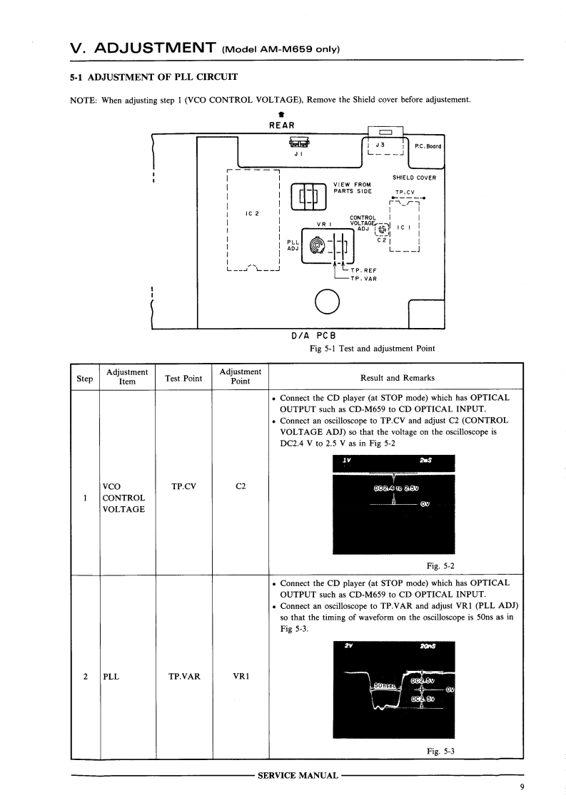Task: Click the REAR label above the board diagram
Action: [282, 126]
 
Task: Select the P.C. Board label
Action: [428, 147]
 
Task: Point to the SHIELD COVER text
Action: [414, 178]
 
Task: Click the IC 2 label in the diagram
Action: [251, 213]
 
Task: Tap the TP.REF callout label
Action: [363, 270]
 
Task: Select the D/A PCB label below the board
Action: [308, 335]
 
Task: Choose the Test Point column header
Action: [183, 378]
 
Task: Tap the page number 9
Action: [522, 787]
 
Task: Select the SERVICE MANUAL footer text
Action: [298, 775]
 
